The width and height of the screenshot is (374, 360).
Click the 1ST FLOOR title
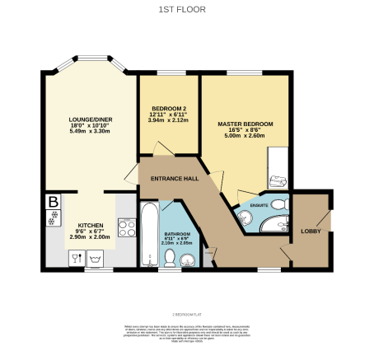click(x=187, y=10)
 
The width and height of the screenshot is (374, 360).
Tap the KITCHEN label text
click(x=91, y=225)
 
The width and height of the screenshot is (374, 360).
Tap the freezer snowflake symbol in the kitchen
click(x=54, y=219)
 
